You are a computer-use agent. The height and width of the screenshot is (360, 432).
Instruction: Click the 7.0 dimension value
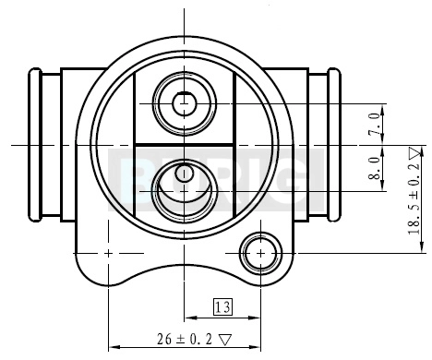pos(375,123)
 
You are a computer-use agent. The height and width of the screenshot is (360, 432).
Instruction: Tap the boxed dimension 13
pos(222,306)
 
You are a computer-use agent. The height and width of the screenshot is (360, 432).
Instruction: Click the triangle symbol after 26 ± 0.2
pos(224,339)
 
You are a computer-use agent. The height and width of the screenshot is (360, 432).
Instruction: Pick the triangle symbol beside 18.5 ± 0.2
pos(414,152)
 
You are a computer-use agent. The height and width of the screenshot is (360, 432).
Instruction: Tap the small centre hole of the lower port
pos(184,173)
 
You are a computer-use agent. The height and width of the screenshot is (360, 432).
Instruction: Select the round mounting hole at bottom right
pos(260,252)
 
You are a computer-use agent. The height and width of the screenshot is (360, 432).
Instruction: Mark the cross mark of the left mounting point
pos(109,252)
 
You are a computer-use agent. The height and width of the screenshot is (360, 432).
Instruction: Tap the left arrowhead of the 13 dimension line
pos(188,317)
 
